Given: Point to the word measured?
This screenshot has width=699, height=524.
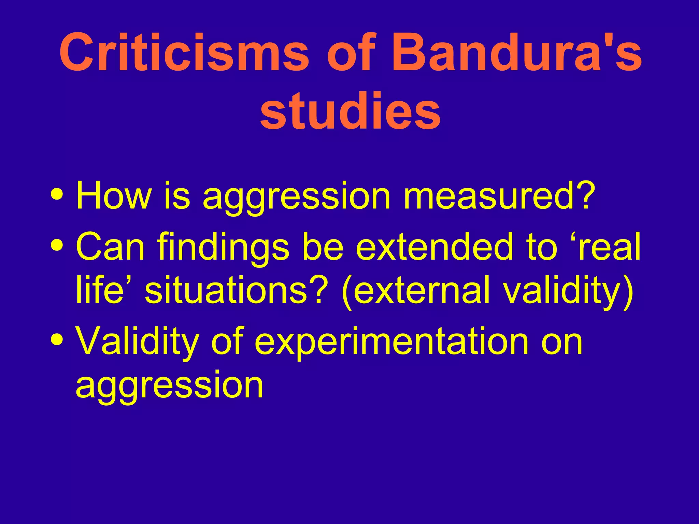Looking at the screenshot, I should [499, 196].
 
